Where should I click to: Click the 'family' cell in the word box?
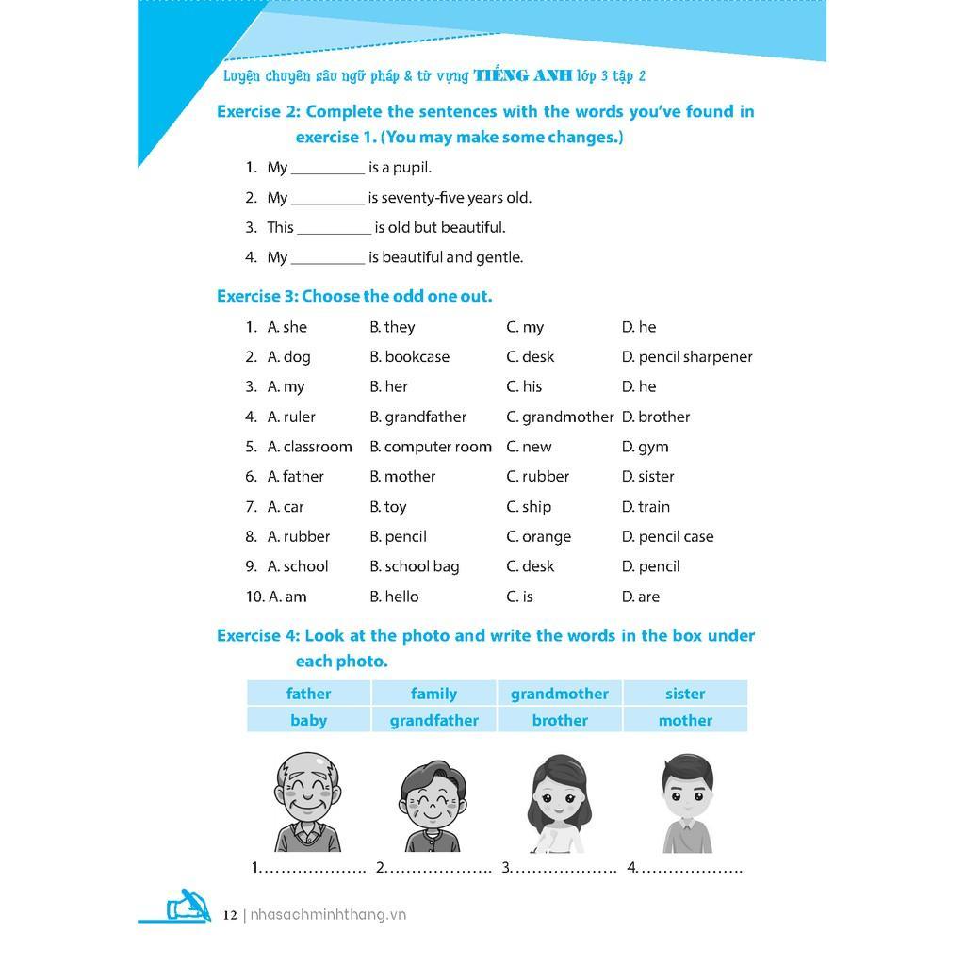pos(433,694)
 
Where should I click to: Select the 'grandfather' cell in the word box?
pos(433,720)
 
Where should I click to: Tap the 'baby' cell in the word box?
pos(308,720)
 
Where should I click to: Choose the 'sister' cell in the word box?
pos(684,694)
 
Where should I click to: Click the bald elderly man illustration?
pos(307,802)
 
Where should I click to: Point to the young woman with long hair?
pos(559,803)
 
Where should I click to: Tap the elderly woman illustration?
pos(433,806)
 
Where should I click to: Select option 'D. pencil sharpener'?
pos(687,357)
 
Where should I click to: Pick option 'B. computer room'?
pos(431,447)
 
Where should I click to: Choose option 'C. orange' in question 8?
pos(538,536)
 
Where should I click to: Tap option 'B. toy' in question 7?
pos(388,507)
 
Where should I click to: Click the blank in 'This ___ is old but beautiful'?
pos(334,228)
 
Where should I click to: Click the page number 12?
pos(230,915)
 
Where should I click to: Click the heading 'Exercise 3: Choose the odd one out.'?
pos(354,296)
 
